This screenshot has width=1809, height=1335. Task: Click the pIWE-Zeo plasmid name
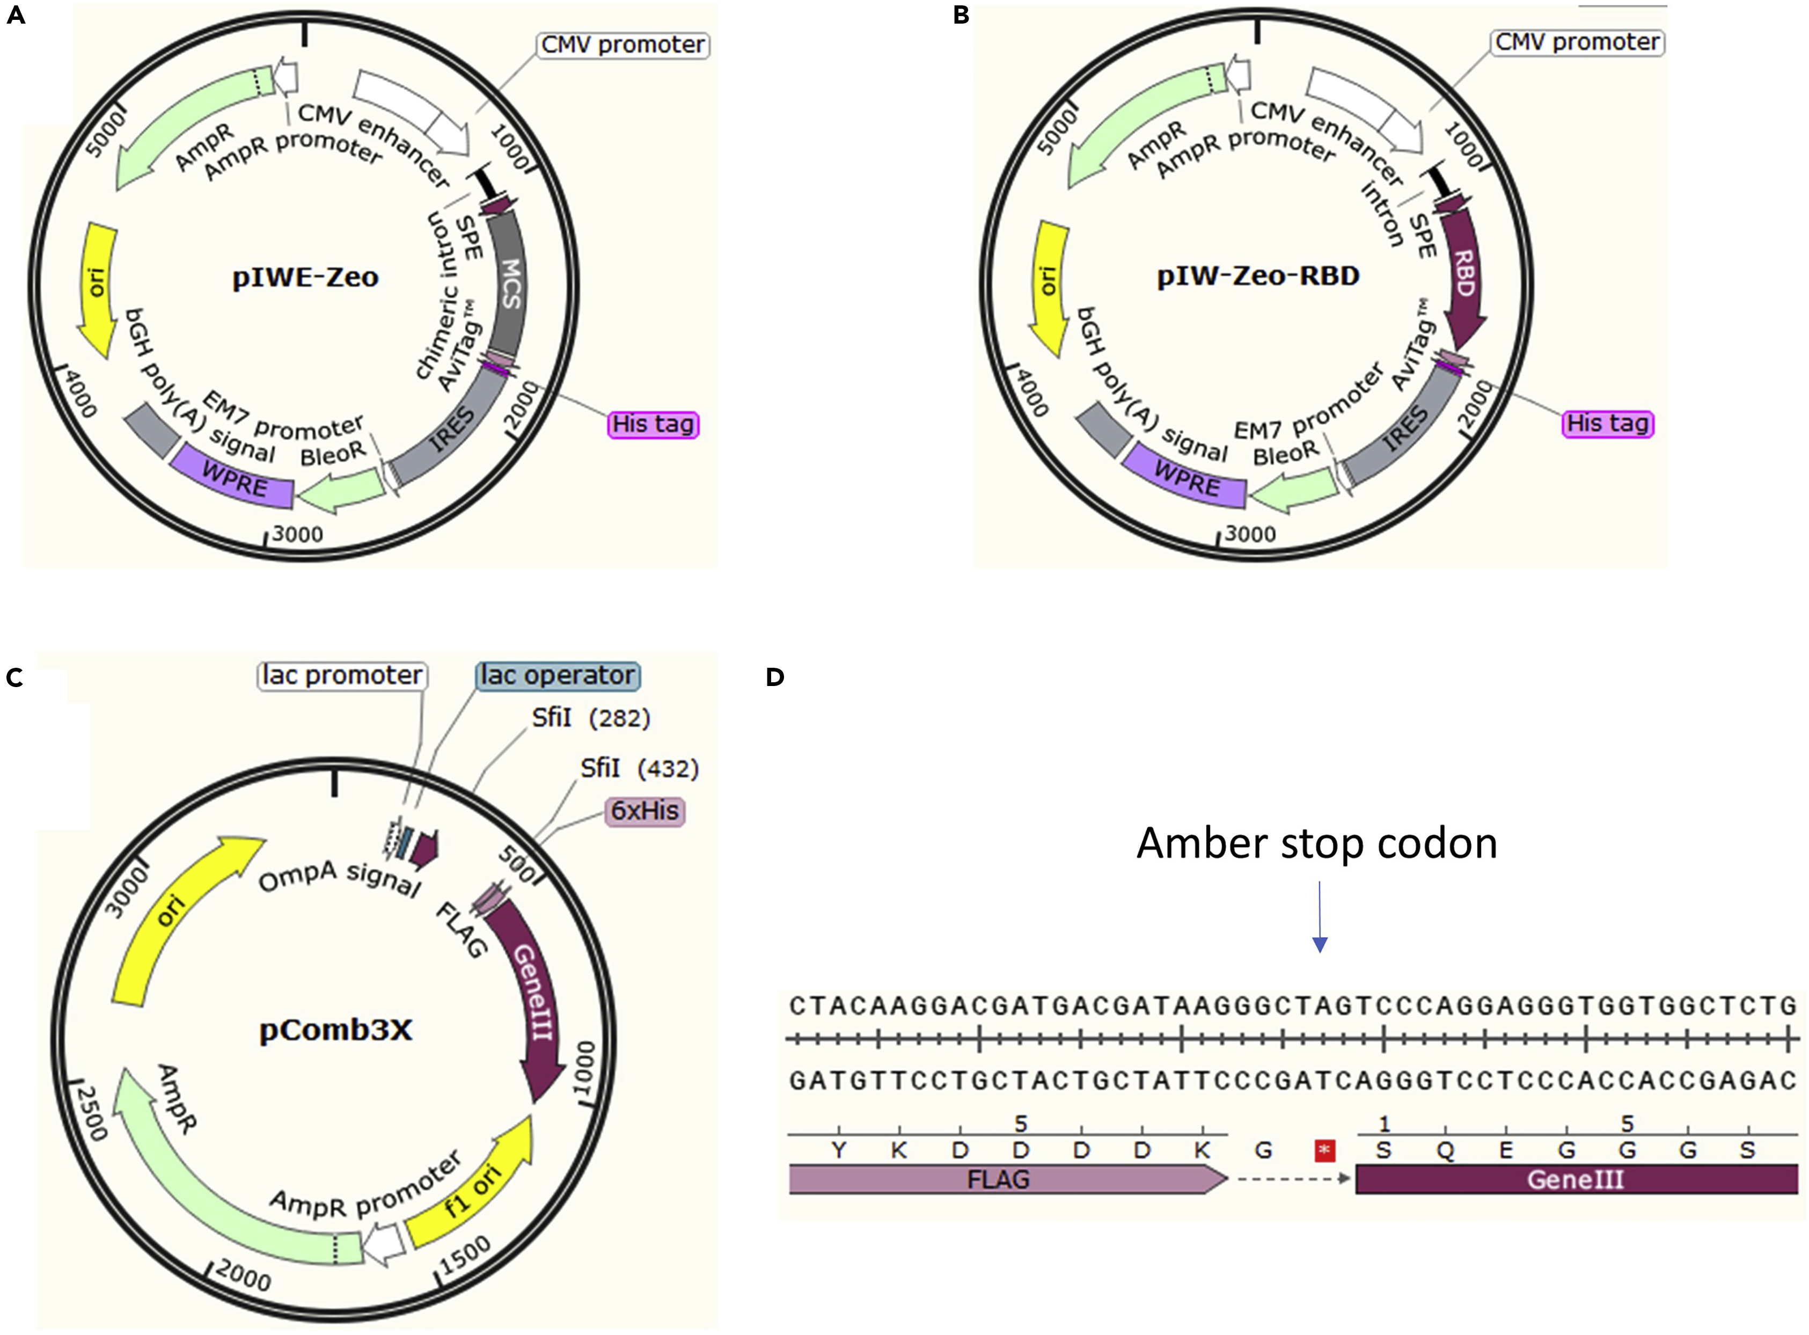tap(305, 277)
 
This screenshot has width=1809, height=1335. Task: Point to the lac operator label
tap(558, 676)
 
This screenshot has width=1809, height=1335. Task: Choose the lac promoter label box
tap(342, 676)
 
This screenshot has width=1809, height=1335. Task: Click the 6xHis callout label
tap(644, 811)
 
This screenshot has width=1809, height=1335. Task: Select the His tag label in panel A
tap(653, 424)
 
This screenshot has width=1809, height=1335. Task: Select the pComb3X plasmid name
tap(335, 1030)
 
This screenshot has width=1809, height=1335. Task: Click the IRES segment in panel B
tap(1406, 428)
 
